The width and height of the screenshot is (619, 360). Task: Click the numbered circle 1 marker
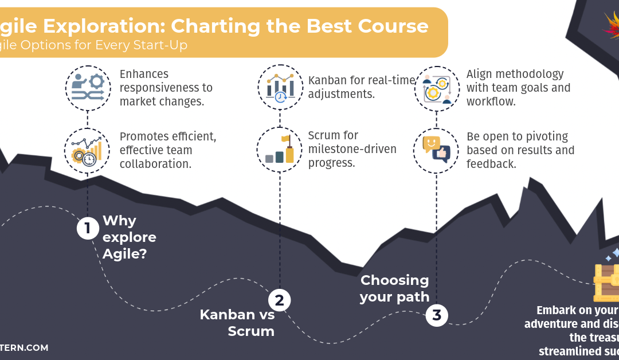coord(88,229)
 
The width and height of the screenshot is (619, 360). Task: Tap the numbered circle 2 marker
coord(279,300)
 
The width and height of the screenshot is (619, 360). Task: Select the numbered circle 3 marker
coord(437,315)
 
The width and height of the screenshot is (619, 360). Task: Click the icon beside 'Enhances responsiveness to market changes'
coord(88,88)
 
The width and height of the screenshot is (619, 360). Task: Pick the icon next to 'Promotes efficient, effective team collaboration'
coord(87,150)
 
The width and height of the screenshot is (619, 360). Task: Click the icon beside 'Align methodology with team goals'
coord(437,88)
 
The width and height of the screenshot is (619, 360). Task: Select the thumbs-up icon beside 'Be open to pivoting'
coord(436,150)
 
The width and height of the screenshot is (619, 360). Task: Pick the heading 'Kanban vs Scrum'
coord(237,323)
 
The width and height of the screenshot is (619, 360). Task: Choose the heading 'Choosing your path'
coord(394,288)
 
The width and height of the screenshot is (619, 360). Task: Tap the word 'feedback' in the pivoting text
coord(491,164)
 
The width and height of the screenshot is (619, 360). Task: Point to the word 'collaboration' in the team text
coord(156,163)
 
